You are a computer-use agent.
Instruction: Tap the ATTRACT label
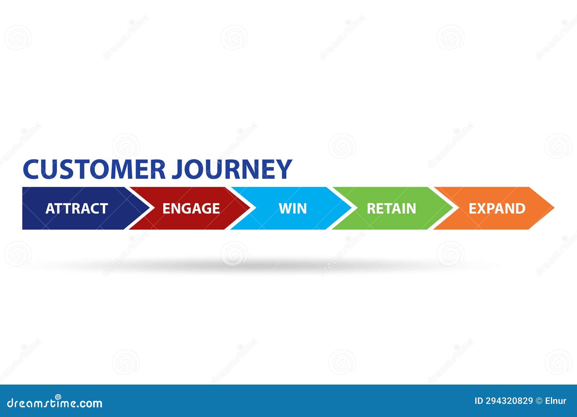click(77, 209)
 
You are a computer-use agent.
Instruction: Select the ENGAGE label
click(191, 209)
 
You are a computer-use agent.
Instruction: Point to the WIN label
click(292, 209)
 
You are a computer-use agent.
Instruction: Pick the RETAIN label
click(391, 209)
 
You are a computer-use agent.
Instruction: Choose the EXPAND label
click(497, 209)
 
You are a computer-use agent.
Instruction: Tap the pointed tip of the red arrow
click(250, 208)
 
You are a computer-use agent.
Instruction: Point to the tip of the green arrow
click(452, 208)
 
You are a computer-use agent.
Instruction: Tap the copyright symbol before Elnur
click(539, 401)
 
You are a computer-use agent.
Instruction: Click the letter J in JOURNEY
click(177, 169)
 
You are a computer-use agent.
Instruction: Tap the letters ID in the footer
click(478, 401)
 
